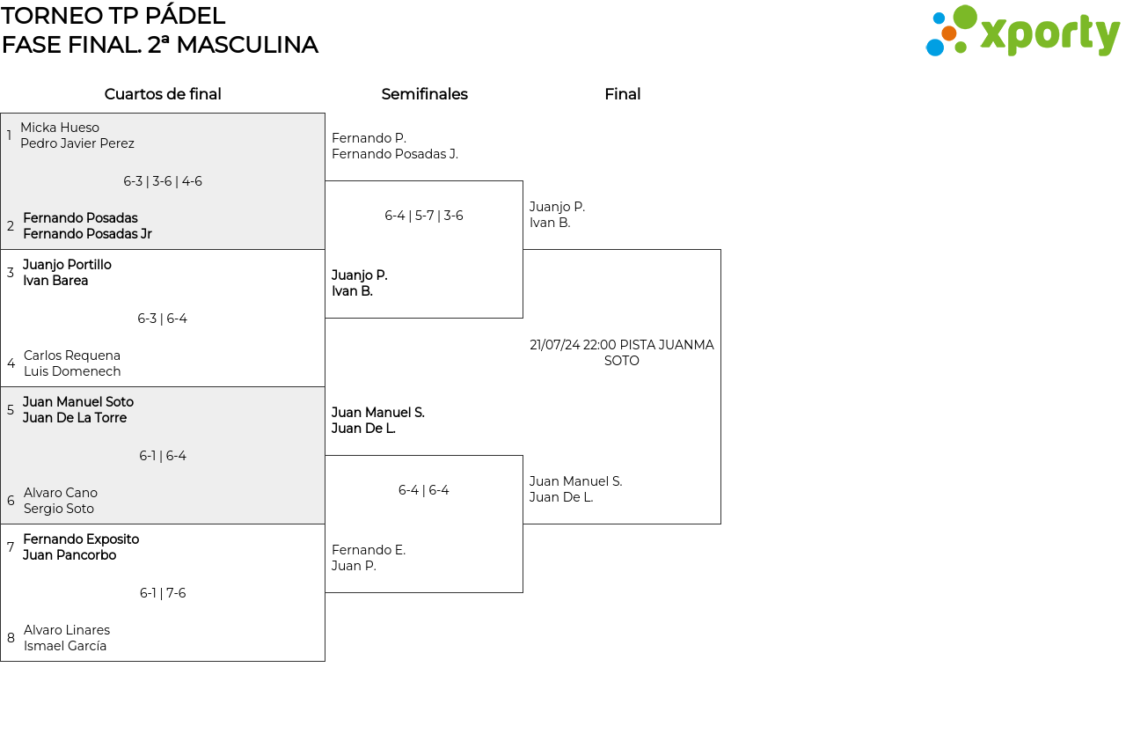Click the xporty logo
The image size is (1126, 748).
pos(1022,31)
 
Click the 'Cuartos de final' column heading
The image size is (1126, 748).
pos(163,94)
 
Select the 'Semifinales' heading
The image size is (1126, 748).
pos(424,94)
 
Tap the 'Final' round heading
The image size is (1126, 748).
pos(622,94)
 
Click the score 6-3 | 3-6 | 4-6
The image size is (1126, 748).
pos(163,181)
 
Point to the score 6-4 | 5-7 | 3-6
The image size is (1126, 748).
pos(424,216)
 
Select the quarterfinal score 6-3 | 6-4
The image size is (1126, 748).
pos(163,319)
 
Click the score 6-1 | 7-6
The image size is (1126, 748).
pos(163,593)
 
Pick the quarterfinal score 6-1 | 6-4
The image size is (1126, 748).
pos(163,456)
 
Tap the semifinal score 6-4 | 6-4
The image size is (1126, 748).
pos(424,490)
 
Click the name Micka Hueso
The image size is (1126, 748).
pos(60,128)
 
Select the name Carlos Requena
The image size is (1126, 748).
pos(72,356)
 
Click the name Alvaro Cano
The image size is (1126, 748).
pos(61,493)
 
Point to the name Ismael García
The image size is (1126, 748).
pos(65,646)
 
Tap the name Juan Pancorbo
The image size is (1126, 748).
pos(69,555)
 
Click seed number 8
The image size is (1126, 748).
pos(11,638)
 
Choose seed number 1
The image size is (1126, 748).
pos(9,136)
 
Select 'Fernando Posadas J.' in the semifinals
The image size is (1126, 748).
pos(395,154)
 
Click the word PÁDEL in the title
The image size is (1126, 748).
pos(185,16)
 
